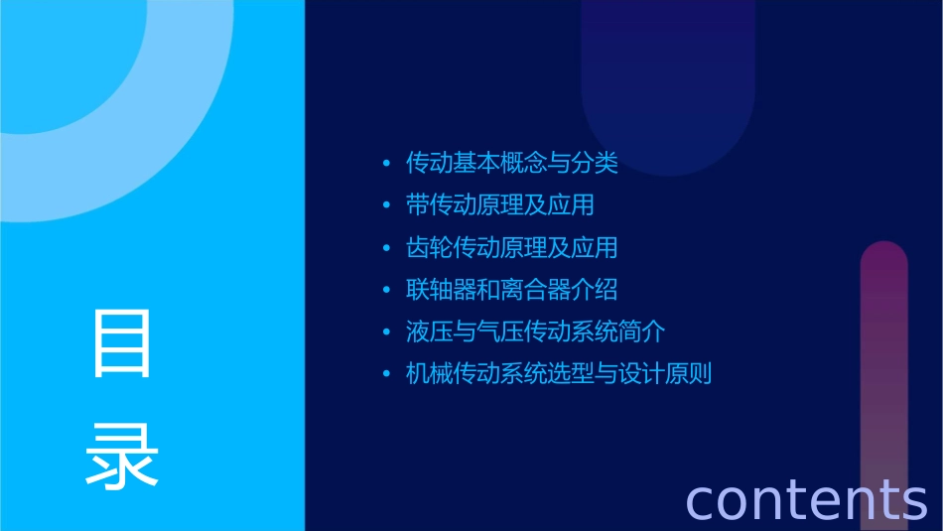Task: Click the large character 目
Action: [x=122, y=342]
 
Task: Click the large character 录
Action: [x=122, y=456]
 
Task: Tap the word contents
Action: [x=806, y=499]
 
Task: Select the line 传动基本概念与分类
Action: [x=512, y=163]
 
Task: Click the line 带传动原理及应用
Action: [x=500, y=205]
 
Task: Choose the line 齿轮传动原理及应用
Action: [x=512, y=247]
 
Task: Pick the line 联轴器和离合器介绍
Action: [x=512, y=290]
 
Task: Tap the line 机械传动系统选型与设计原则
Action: [x=559, y=374]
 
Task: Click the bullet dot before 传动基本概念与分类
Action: [x=386, y=163]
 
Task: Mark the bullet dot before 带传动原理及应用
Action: [x=386, y=205]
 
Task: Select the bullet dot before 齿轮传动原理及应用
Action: [x=386, y=247]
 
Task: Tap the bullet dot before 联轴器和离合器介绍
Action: [x=386, y=290]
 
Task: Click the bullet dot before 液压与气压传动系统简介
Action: [x=386, y=332]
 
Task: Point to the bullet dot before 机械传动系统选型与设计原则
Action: [x=386, y=374]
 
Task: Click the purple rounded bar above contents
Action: [x=883, y=357]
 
